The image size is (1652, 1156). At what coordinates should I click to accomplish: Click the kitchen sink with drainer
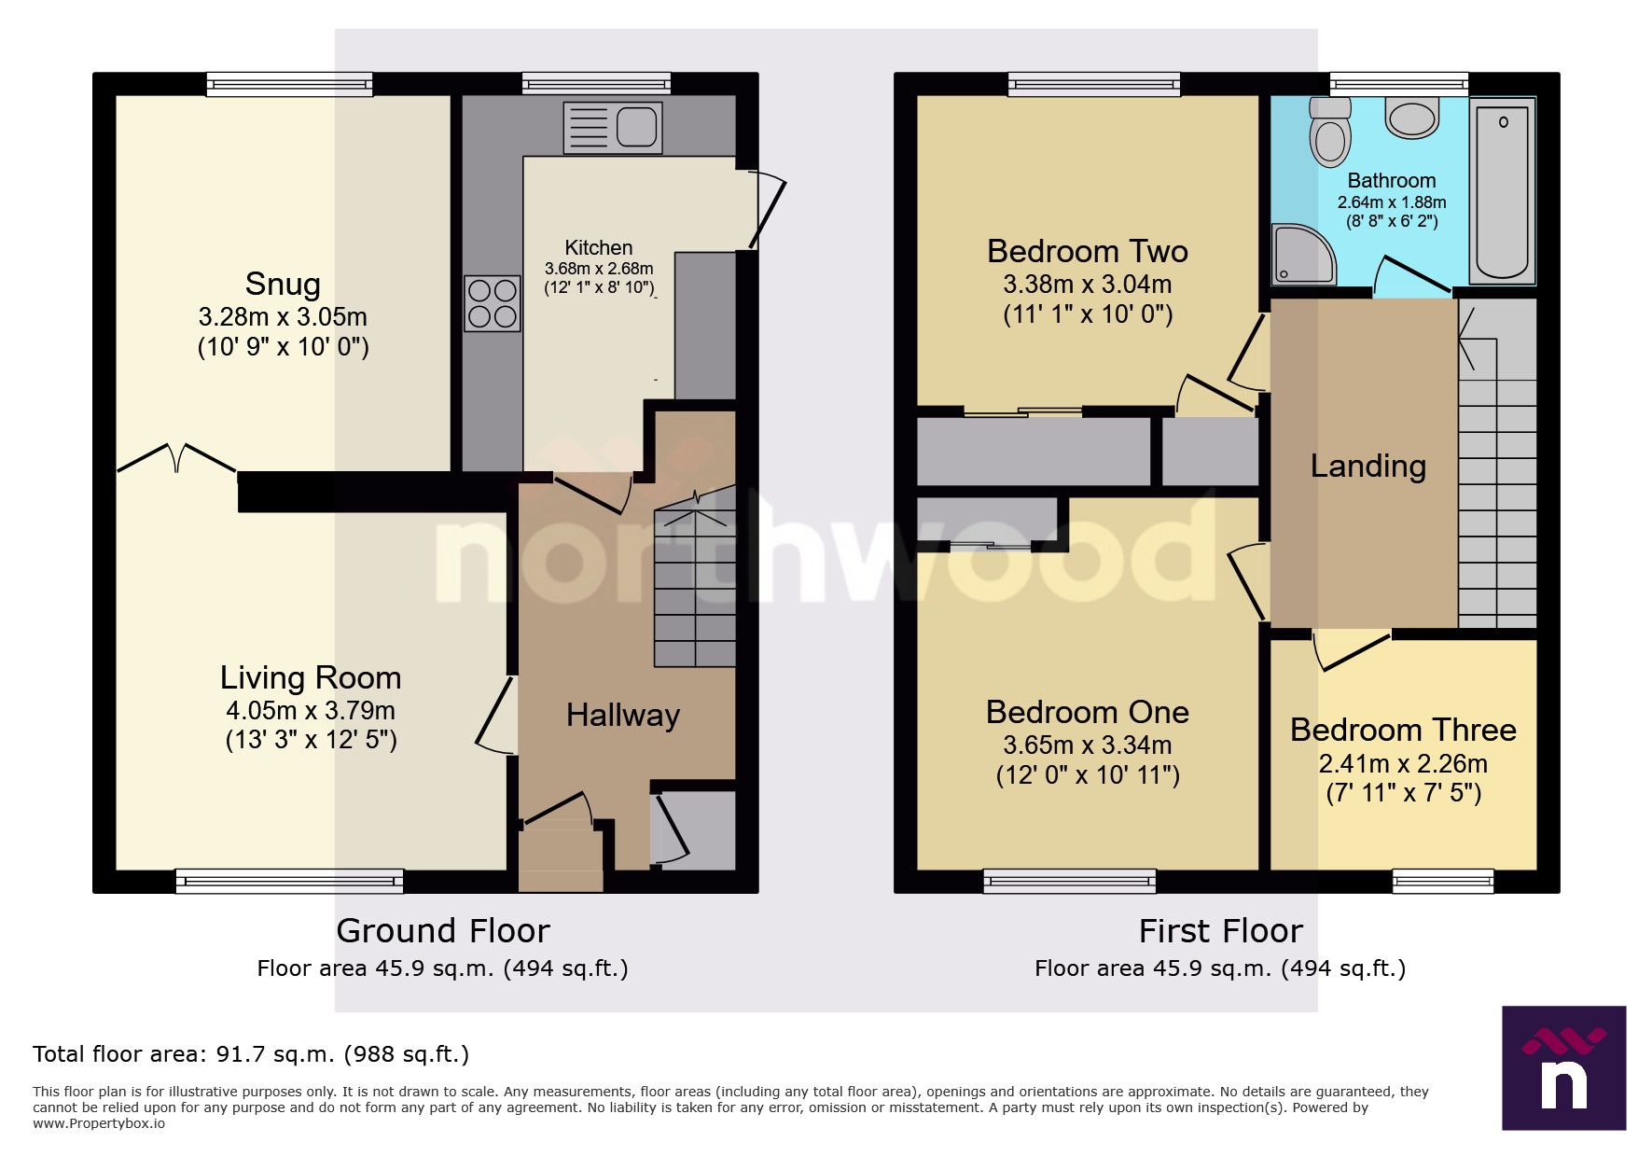pos(613,128)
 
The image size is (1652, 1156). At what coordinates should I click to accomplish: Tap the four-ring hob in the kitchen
pos(493,303)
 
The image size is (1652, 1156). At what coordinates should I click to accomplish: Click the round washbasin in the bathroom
pos(1412,118)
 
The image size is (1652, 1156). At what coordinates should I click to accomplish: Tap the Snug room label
pos(283,284)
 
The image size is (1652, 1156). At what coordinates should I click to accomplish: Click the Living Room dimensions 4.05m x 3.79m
pos(311,710)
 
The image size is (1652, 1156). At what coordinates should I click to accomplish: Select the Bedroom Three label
pos(1403,730)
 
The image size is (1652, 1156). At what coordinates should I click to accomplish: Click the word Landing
pos(1367,466)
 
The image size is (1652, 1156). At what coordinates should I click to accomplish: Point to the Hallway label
pos(623,716)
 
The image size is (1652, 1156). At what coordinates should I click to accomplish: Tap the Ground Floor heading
pos(443,931)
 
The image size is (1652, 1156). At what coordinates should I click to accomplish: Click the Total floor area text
pos(250,1054)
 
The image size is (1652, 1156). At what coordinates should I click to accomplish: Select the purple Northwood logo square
pos(1563,1067)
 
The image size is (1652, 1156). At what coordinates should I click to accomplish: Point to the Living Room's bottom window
pos(289,881)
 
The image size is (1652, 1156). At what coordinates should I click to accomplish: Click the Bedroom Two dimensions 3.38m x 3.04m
pos(1088,284)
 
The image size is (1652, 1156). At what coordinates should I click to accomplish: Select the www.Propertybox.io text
pos(99,1123)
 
